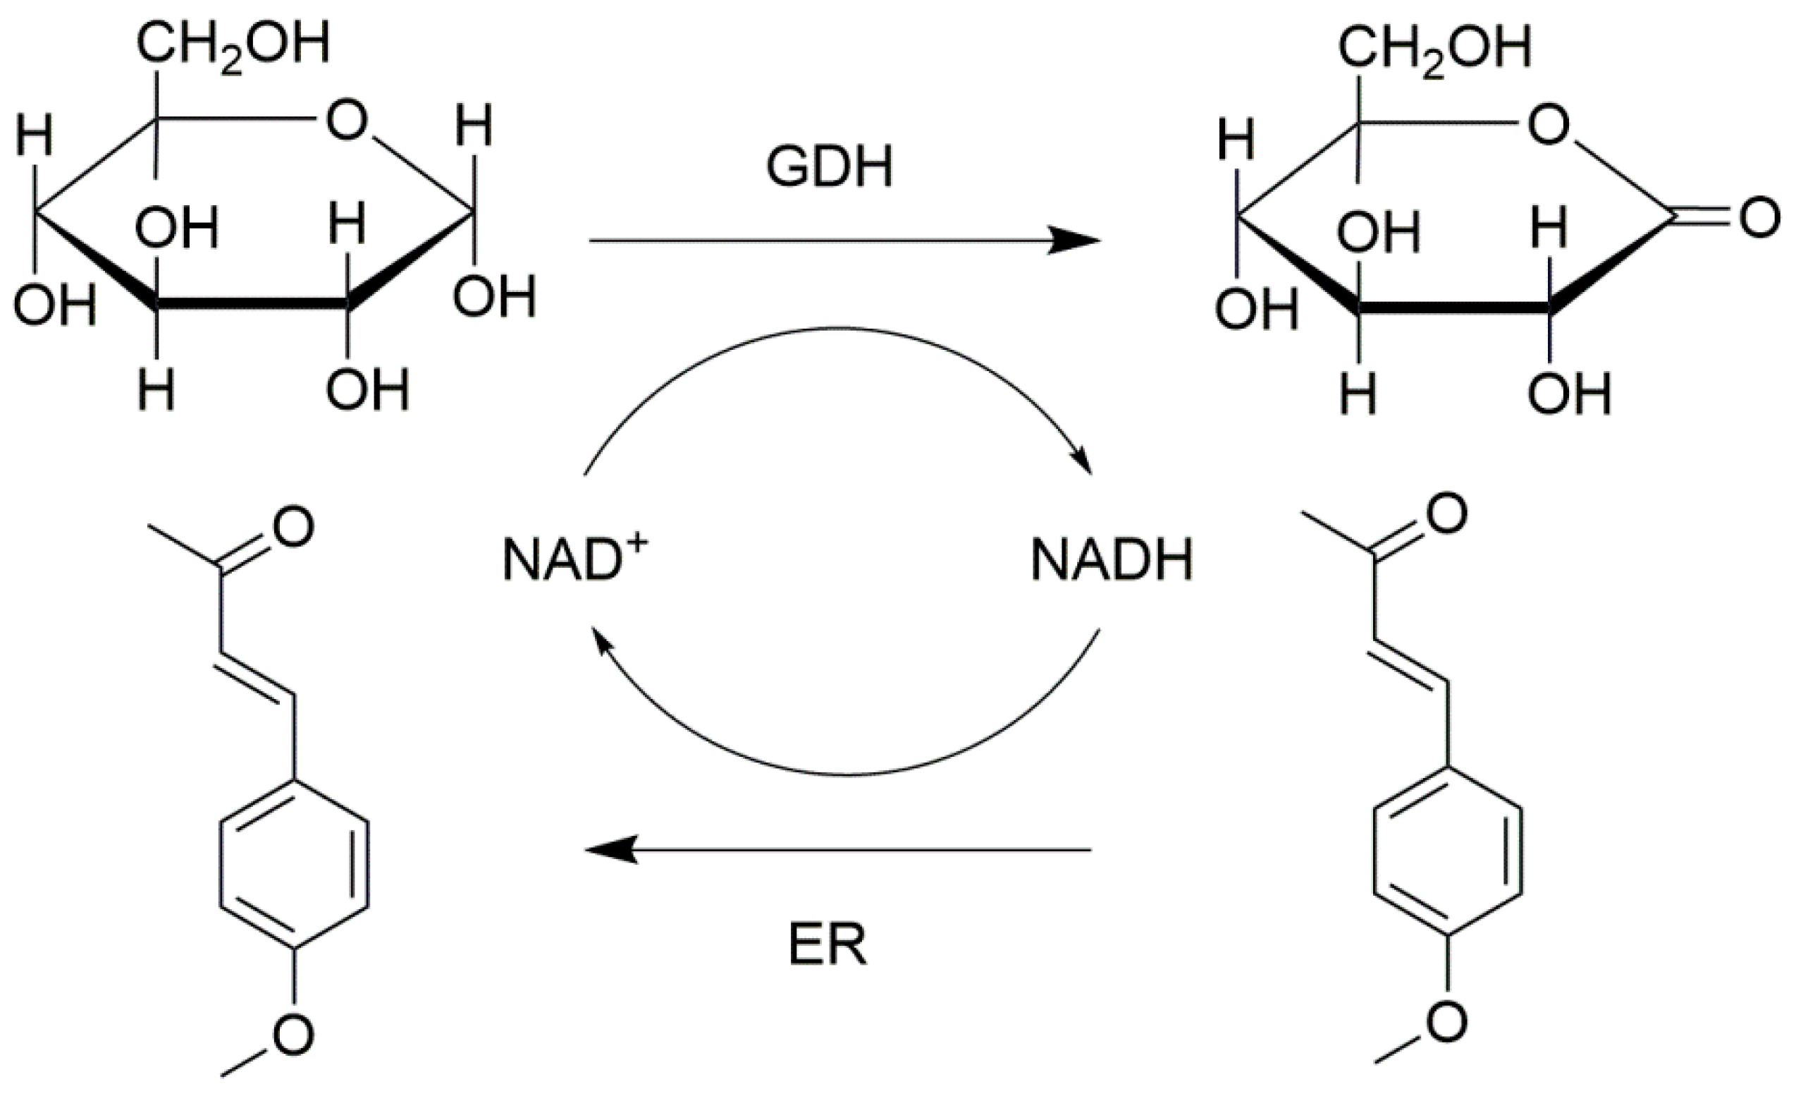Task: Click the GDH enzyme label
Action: coord(829,168)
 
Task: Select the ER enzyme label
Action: coord(828,947)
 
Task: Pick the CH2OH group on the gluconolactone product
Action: coord(1434,48)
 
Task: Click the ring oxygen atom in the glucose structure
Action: coord(346,121)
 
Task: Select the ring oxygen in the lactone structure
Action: coord(1547,125)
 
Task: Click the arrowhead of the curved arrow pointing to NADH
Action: coord(1084,463)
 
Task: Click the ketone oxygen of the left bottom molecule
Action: coord(294,526)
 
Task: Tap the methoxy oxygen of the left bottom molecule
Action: coord(294,1035)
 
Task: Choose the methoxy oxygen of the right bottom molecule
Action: coord(1447,1021)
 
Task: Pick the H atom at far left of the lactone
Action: coord(1236,139)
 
